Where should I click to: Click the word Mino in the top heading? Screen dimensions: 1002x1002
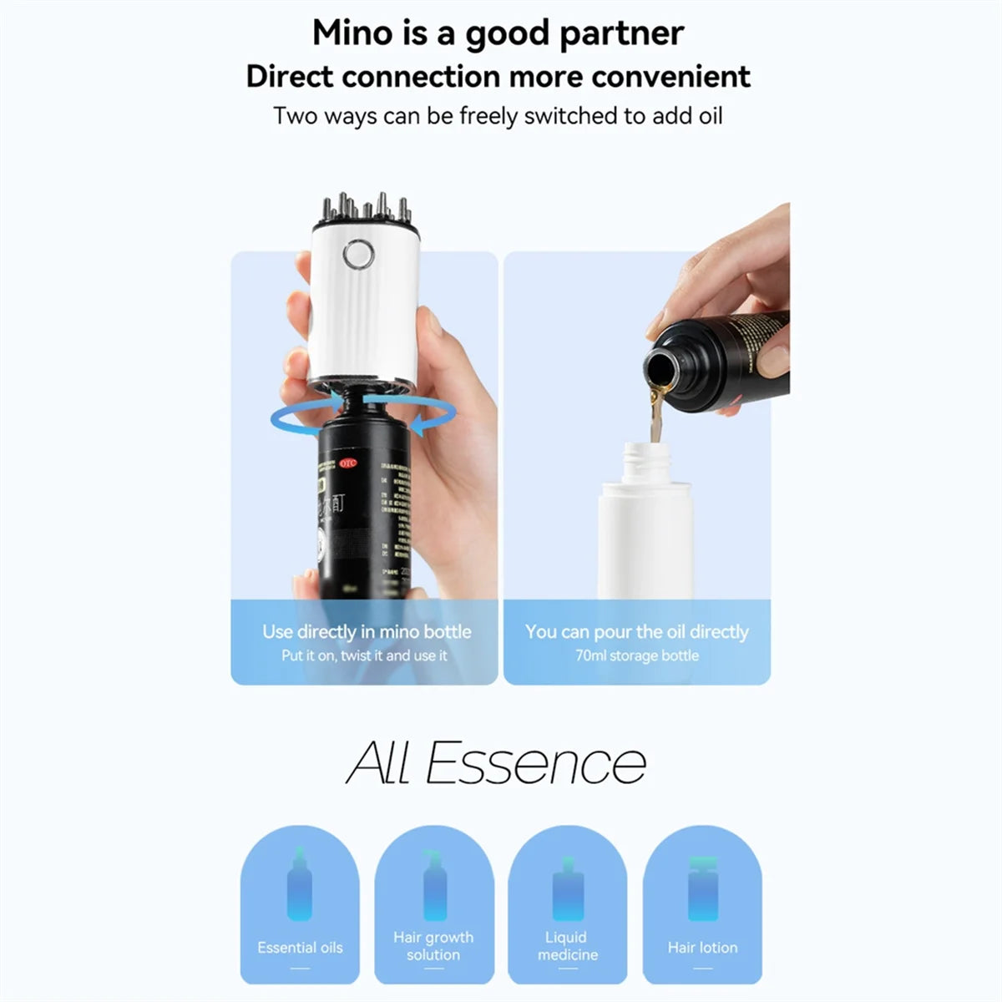click(x=350, y=33)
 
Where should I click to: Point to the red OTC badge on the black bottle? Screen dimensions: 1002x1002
click(x=347, y=463)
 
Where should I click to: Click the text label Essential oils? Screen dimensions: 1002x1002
click(x=300, y=948)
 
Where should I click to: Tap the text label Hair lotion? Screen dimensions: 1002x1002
click(x=702, y=948)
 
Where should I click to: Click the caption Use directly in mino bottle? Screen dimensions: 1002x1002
click(x=367, y=632)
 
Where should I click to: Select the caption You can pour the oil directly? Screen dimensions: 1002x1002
click(x=636, y=632)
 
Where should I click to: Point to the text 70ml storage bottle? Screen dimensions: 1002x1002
click(x=636, y=655)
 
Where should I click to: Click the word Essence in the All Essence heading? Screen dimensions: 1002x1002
click(x=536, y=763)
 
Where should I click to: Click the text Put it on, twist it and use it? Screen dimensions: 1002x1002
click(x=364, y=655)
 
